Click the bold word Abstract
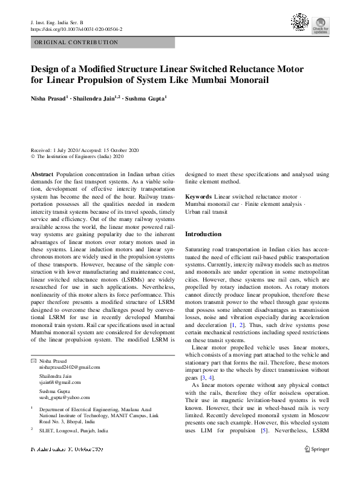41,174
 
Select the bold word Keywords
198,197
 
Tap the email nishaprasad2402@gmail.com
71,367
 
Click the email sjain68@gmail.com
60,382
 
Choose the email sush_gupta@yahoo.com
65,397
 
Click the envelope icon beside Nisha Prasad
33,361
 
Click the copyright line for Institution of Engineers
77,156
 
